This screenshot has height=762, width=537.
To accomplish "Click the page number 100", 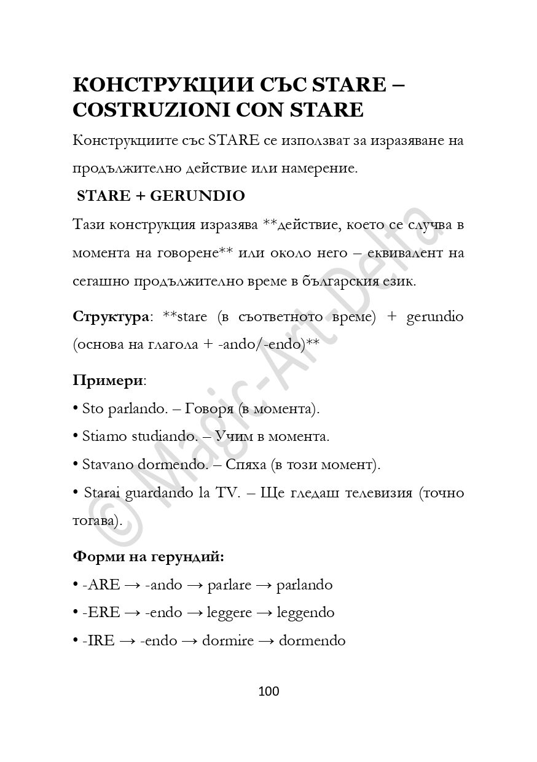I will tap(268, 691).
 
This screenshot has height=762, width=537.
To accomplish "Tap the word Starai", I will tap(102, 493).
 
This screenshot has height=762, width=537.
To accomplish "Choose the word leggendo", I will tap(305, 613).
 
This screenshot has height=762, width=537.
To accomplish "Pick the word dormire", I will tap(227, 641).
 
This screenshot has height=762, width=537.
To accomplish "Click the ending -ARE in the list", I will tap(101, 585).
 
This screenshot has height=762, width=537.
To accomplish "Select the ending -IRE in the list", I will tap(98, 641).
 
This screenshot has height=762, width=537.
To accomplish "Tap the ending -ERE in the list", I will tap(101, 613).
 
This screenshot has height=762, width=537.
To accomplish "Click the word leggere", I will tap(229, 613).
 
